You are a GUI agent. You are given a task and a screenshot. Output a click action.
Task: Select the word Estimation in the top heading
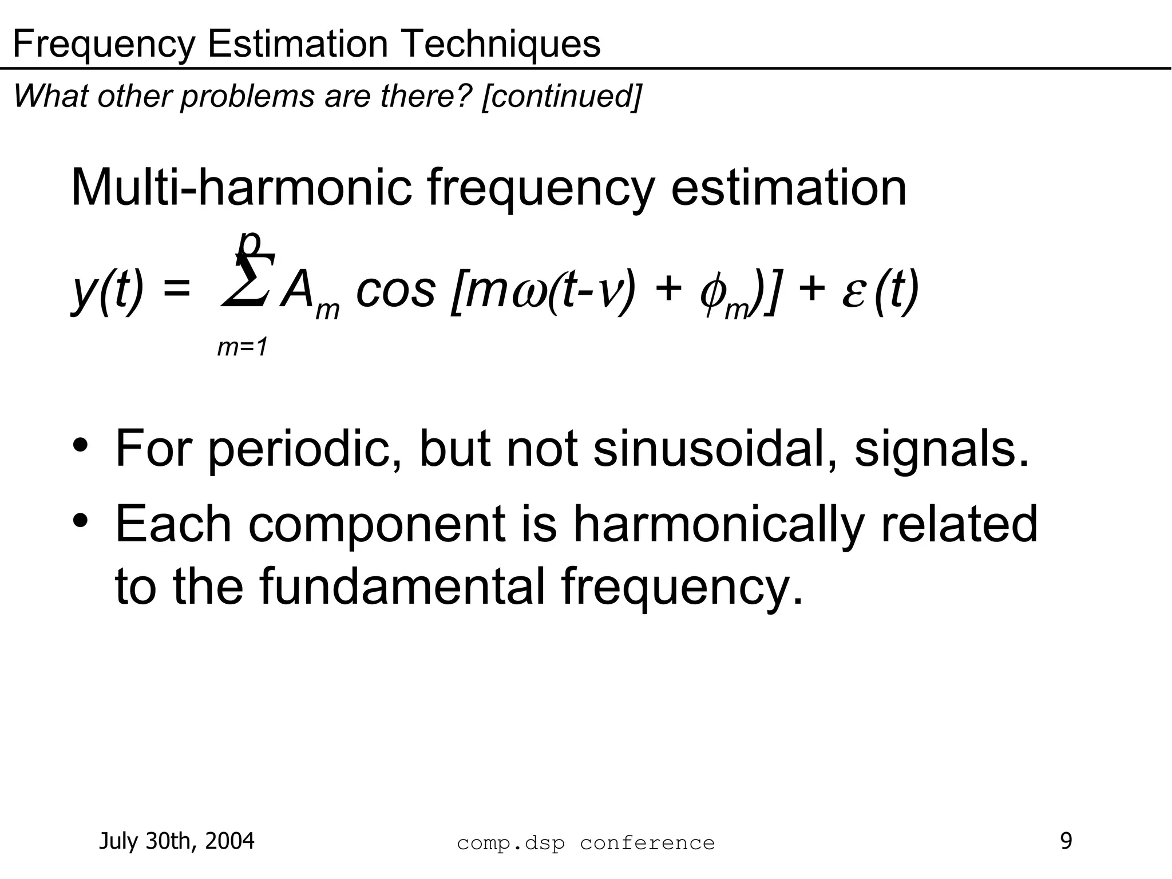pos(298,43)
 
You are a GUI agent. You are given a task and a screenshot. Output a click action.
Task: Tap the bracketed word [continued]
pos(561,96)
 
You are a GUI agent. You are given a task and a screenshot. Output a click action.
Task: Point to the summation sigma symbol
pos(246,280)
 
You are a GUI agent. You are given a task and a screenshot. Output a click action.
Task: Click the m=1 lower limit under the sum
pos(243,347)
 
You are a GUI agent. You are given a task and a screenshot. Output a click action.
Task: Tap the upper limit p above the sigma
pos(249,243)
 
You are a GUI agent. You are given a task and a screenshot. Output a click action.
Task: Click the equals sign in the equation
pos(176,289)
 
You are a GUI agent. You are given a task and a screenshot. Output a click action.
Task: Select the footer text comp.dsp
pos(510,843)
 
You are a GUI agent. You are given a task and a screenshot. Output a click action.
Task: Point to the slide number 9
pos(1066,841)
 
